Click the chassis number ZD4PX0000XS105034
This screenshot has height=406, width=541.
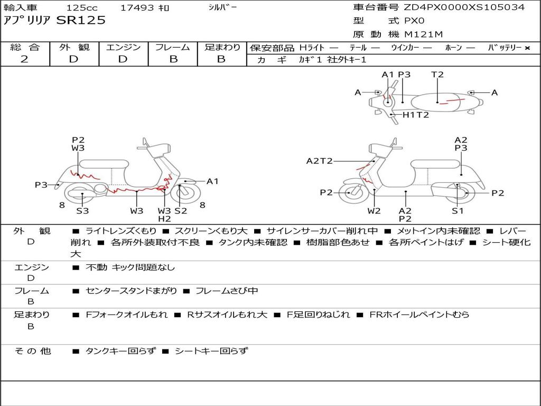pos(464,7)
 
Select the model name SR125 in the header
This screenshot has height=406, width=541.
pos(81,21)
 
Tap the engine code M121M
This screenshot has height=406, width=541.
pos(423,34)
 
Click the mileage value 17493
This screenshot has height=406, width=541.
pos(137,7)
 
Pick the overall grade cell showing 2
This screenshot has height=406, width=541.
pos(24,59)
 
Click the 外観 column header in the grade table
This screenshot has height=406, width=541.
pos(74,47)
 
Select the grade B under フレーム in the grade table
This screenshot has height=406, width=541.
pos(173,59)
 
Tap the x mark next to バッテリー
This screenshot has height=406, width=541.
pos(527,48)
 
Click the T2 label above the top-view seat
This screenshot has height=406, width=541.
pos(437,75)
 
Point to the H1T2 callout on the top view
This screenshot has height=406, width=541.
pos(416,115)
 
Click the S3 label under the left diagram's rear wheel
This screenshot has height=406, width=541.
pos(82,210)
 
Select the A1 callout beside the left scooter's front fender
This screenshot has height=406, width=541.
pos(212,181)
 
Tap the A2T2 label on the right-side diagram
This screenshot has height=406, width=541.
pos(320,161)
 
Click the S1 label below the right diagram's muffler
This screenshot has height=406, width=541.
pos(458,210)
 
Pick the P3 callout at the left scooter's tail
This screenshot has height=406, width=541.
pos(41,185)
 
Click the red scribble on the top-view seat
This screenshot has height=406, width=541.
pos(452,101)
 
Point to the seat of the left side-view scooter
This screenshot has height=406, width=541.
pos(104,164)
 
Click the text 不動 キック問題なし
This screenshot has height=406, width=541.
pos(130,267)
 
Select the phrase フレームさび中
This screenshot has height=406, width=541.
pos(227,291)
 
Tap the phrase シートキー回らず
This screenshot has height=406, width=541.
pos(211,351)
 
